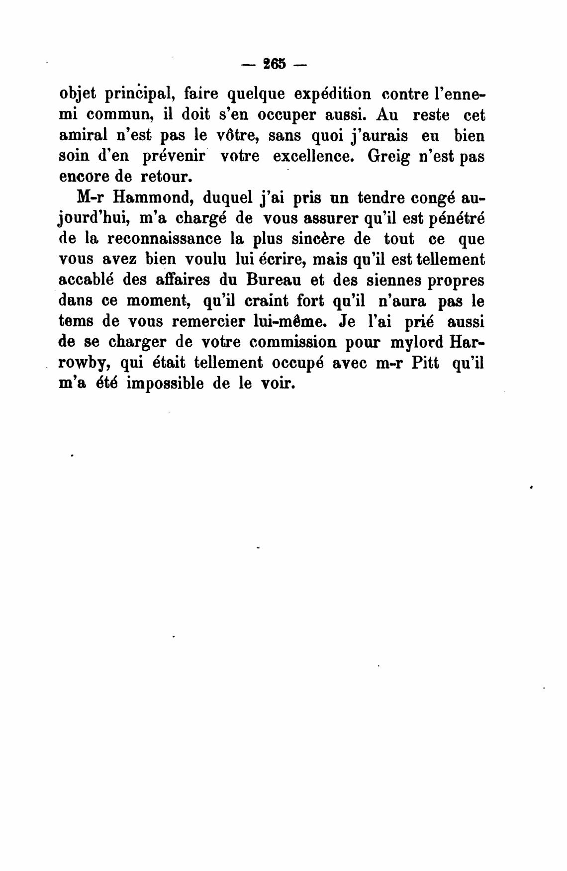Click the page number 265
click(x=276, y=64)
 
